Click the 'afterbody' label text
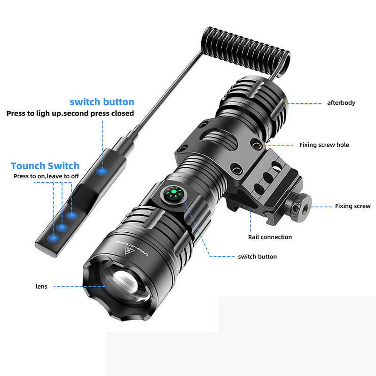tap(341, 103)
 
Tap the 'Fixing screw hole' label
tap(324, 145)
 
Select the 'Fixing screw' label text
tap(352, 206)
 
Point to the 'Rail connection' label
tap(270, 237)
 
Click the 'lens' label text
tap(41, 286)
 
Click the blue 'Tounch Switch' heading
tap(45, 166)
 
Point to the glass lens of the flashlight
tap(125, 284)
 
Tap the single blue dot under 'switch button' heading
tap(102, 171)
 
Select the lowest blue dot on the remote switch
tap(53, 238)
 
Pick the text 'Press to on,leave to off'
tap(46, 176)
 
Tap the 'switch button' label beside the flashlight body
tap(257, 257)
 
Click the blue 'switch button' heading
tap(102, 102)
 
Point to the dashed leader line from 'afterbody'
tap(305, 103)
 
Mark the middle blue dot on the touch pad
tap(62, 227)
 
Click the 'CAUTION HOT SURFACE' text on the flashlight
tap(132, 247)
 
